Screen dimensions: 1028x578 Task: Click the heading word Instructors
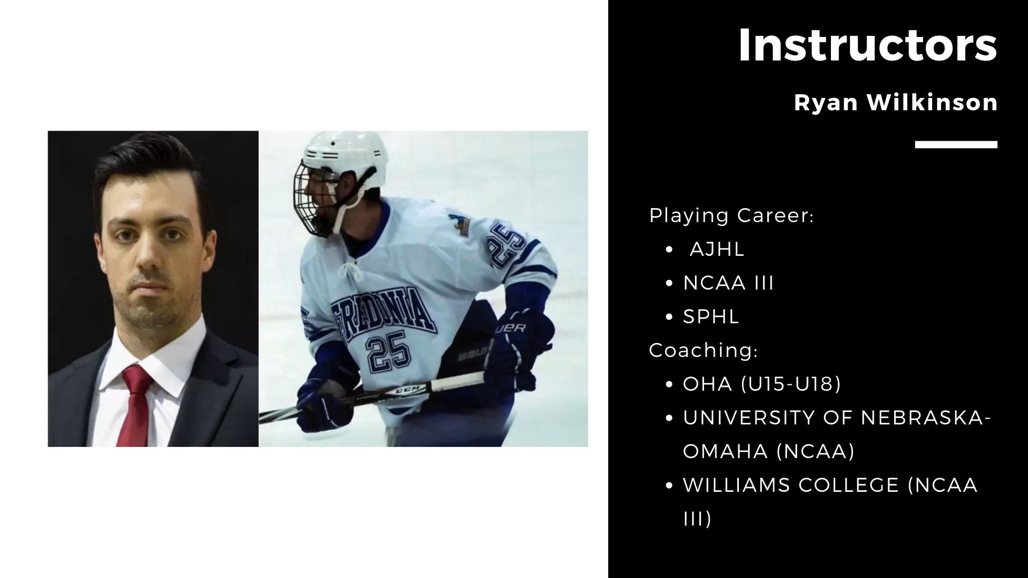pos(867,45)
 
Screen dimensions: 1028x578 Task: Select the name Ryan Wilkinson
pos(896,102)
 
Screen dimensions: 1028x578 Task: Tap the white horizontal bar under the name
pos(956,144)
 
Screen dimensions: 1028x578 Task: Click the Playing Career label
pos(731,216)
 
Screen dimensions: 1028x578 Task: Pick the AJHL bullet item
pos(717,249)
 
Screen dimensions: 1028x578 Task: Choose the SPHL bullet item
pos(711,317)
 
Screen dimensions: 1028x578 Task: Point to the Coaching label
pos(704,351)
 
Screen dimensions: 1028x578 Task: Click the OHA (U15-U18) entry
pos(762,384)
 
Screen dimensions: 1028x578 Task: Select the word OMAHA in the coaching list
pos(726,452)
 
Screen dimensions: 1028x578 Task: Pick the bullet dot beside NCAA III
pos(669,284)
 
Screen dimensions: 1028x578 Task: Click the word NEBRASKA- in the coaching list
pos(925,418)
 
